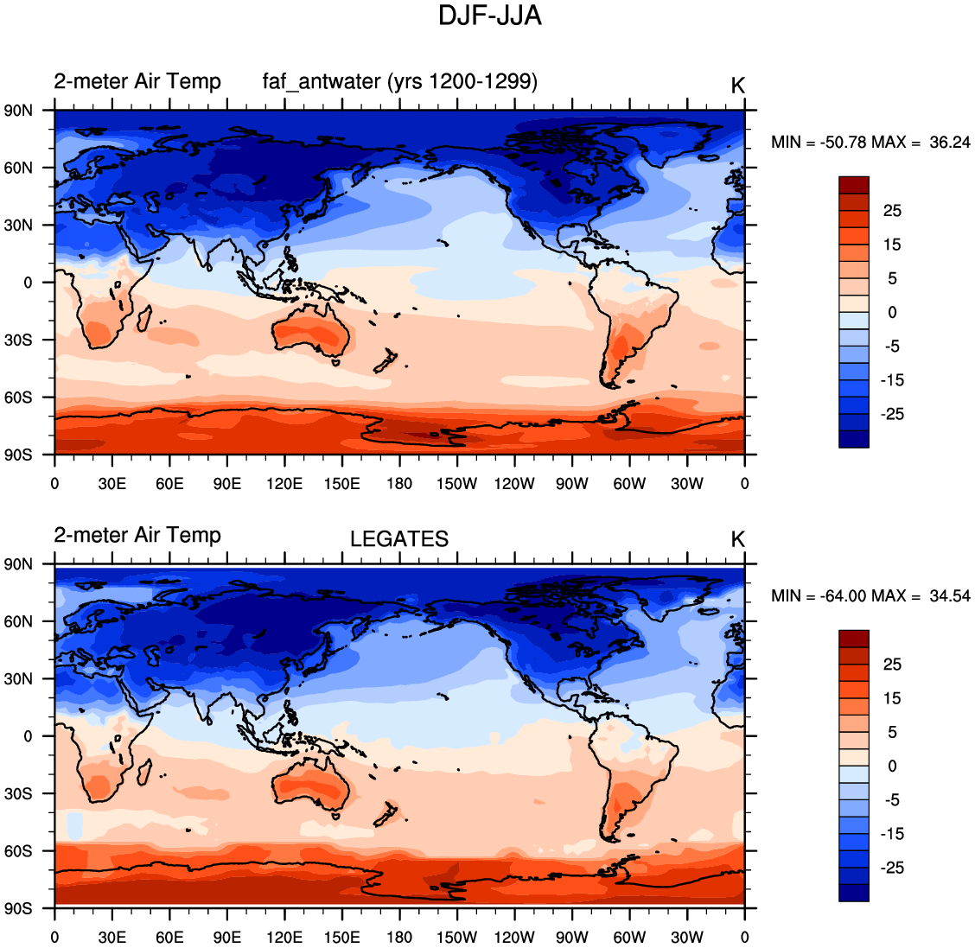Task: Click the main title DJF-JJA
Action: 489,16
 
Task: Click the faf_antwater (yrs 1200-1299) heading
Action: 400,81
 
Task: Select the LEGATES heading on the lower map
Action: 399,539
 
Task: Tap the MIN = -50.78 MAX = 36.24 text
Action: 870,143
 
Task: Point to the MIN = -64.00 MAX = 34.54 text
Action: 870,596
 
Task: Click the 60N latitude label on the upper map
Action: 17,168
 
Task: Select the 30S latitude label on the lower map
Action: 17,793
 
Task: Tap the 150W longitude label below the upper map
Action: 456,484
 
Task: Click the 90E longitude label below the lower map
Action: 227,938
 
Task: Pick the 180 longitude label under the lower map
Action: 399,938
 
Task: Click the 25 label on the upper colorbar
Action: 892,211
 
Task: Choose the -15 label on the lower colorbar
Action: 892,834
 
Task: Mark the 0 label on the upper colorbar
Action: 892,313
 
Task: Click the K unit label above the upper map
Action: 737,86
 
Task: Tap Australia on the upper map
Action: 311,333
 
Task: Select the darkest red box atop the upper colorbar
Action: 853,185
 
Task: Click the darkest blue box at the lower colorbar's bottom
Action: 853,893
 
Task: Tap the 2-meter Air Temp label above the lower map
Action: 137,535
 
